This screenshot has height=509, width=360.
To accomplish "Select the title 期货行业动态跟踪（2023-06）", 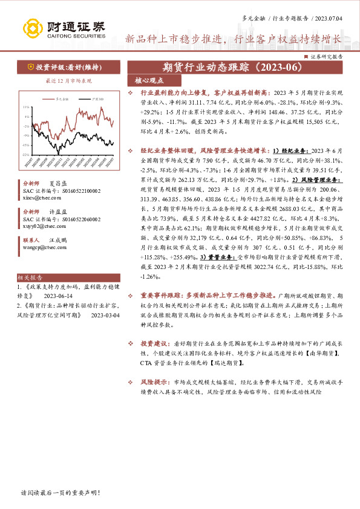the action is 234,66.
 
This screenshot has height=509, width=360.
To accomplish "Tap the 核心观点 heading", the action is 145,80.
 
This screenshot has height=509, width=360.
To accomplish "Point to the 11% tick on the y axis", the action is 26,107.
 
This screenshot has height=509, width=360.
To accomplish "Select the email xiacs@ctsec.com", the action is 37,198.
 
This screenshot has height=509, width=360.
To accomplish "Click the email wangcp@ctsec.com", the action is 39,247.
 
